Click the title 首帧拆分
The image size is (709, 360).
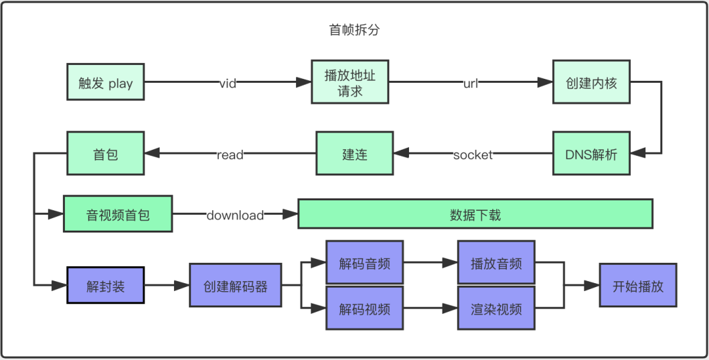click(x=354, y=30)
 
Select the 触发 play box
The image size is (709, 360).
click(x=106, y=83)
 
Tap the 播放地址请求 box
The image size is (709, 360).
click(x=350, y=83)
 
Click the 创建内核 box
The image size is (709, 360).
click(x=591, y=83)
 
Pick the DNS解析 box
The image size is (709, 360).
click(x=591, y=154)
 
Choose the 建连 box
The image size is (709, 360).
click(x=354, y=154)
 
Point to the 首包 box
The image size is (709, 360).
click(x=106, y=154)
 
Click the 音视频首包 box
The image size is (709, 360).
click(x=118, y=214)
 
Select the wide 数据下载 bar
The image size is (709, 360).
click(x=475, y=214)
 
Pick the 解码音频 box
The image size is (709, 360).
click(x=364, y=262)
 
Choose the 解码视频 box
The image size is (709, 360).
click(x=364, y=308)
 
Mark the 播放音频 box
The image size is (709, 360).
click(x=496, y=262)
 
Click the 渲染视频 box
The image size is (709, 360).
click(x=496, y=308)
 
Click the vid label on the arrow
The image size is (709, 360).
click(x=228, y=83)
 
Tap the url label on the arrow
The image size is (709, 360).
click(x=471, y=83)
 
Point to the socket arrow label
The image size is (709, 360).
click(x=473, y=155)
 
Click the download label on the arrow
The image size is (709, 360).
click(x=235, y=215)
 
